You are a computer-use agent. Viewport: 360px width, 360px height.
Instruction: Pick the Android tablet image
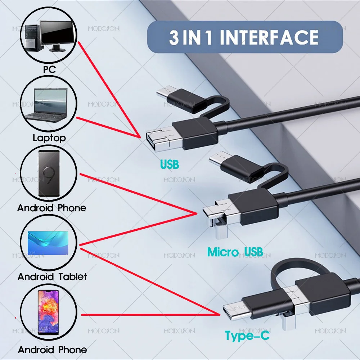[x=49, y=243]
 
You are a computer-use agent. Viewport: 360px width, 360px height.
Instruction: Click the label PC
[x=49, y=69]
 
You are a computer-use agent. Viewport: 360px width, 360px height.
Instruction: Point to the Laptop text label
[x=49, y=138]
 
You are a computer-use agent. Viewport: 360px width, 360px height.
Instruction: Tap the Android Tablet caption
[x=52, y=276]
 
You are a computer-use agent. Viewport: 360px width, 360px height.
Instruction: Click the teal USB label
[x=169, y=165]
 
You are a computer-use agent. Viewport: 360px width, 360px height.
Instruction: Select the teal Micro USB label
[x=235, y=252]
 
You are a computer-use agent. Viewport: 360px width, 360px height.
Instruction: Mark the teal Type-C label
[x=247, y=336]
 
